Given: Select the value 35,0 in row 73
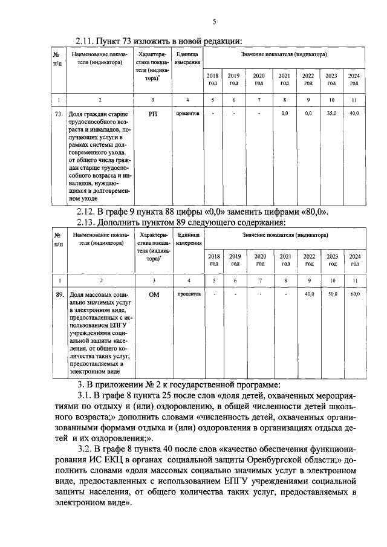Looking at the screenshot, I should (331, 113).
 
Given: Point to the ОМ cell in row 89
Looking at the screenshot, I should (152, 294).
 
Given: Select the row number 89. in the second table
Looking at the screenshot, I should (59, 294).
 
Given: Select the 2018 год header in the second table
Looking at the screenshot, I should (213, 260).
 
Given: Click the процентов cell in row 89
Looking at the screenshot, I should (188, 294).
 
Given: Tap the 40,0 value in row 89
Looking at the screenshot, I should (309, 294).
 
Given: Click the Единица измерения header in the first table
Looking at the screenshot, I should (188, 59).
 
